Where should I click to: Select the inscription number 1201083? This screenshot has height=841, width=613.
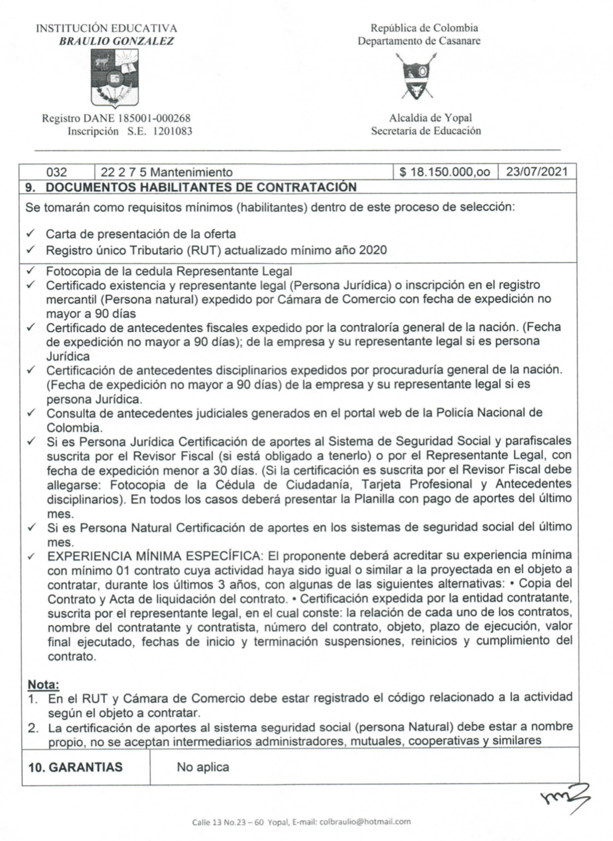pos(172,132)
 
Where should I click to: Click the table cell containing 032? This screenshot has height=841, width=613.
pos(57,172)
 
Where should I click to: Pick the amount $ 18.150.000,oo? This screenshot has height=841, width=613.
pos(445,172)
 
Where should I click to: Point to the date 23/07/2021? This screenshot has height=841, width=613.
pos(536,172)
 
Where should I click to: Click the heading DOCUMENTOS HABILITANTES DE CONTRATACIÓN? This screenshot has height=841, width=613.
pos(201,187)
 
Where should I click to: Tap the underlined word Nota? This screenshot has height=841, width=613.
pos(43,684)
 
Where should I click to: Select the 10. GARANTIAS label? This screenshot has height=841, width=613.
pos(75,767)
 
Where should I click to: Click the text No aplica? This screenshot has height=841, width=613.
pos(203,767)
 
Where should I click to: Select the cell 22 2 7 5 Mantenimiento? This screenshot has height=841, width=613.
pos(167,172)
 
